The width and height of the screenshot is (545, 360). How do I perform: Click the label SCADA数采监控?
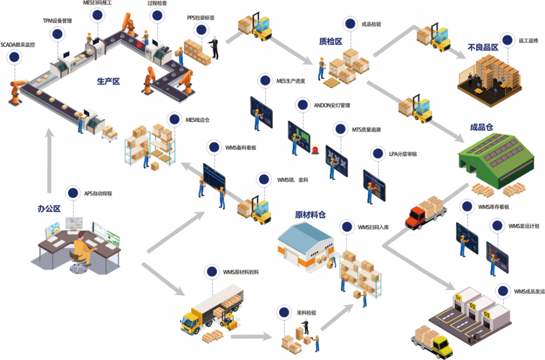point(18,45)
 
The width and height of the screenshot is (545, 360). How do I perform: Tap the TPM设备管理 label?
point(57,21)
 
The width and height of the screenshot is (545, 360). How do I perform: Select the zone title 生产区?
point(108,81)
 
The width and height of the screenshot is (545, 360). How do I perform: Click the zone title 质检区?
point(330,41)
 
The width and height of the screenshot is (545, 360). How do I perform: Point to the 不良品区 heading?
point(483,47)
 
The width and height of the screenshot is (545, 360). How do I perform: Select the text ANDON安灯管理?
point(332,105)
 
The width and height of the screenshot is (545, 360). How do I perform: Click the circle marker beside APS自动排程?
point(72,193)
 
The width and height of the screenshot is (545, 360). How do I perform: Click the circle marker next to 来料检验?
point(283,313)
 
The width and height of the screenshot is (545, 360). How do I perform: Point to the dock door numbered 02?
point(472,306)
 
